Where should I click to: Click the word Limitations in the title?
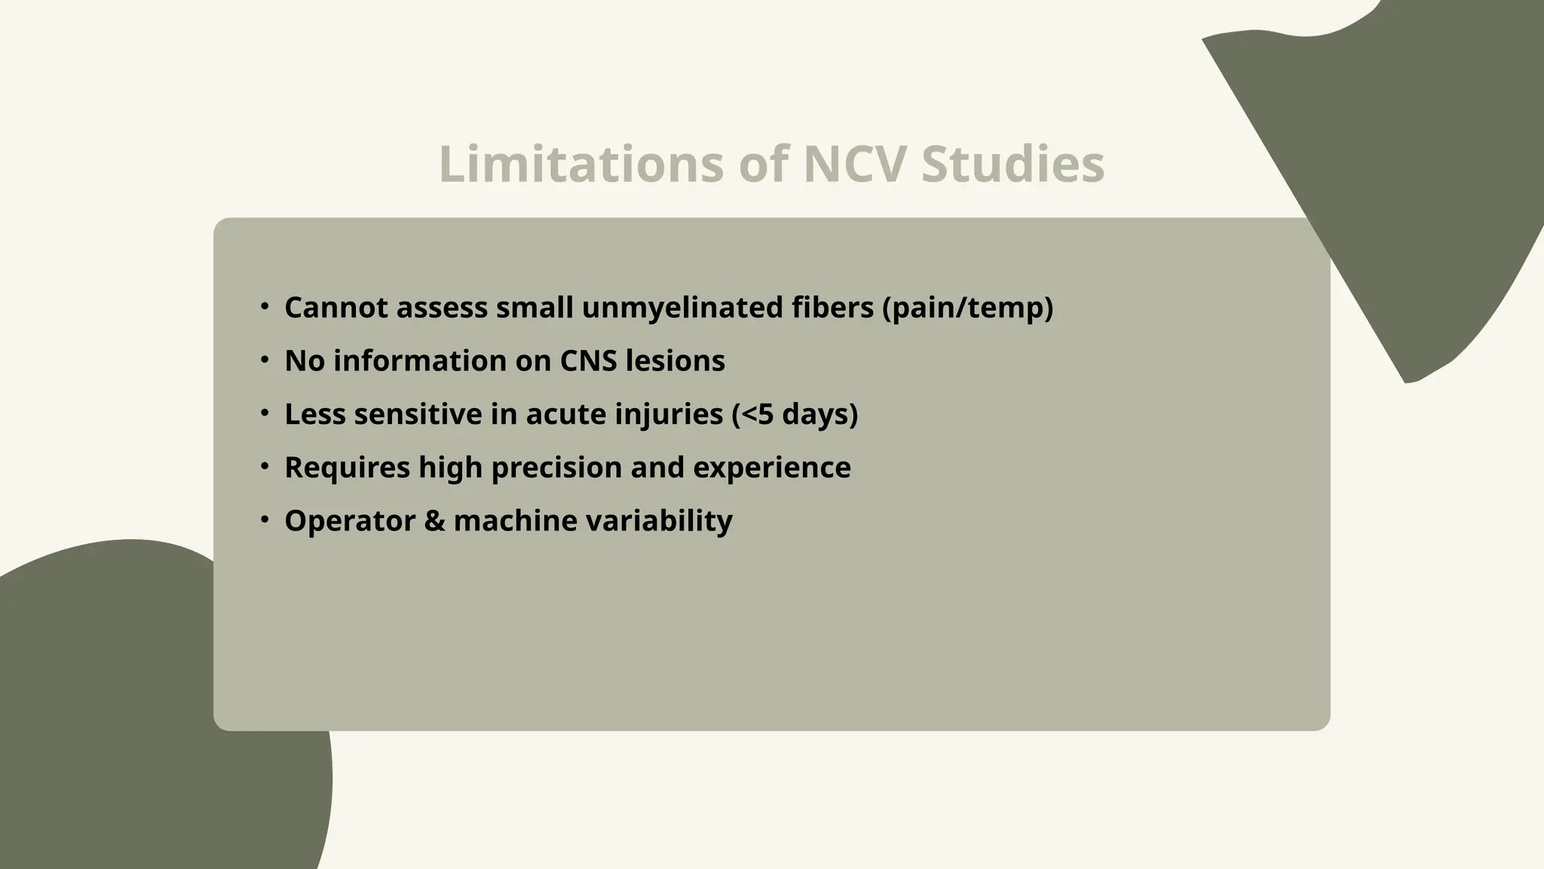[x=581, y=164]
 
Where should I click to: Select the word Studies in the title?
[x=1012, y=164]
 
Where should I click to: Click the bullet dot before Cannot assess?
[x=265, y=306]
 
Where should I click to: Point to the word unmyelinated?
[x=682, y=308]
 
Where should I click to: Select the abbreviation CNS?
[x=588, y=361]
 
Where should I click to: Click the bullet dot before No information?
[x=265, y=360]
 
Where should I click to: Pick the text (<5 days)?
[x=795, y=414]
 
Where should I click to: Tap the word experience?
[x=771, y=468]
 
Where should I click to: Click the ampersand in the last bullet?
[x=434, y=520]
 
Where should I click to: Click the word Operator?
[x=350, y=520]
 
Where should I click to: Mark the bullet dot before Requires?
[x=265, y=466]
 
